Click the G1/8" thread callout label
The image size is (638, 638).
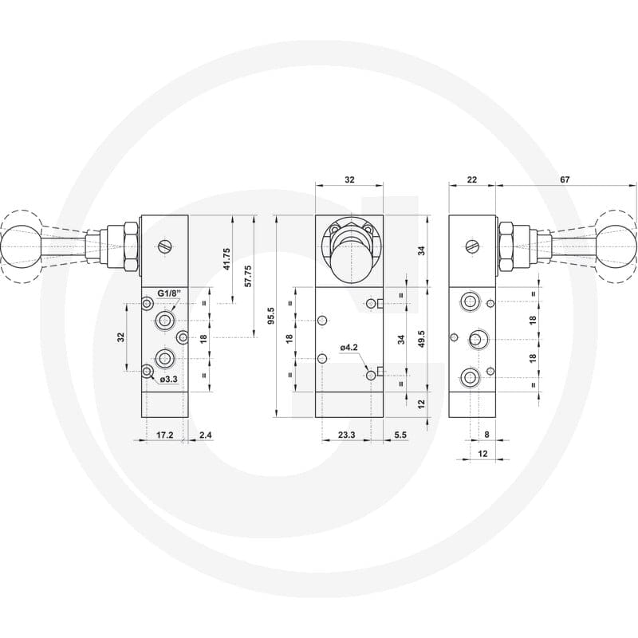[169, 293]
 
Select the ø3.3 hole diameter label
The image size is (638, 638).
[169, 380]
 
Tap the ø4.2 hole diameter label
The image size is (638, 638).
[349, 347]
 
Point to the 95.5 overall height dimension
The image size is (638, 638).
[272, 316]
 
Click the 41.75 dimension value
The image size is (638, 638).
[227, 258]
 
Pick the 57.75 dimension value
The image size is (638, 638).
[247, 276]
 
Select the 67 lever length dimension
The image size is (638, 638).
[565, 179]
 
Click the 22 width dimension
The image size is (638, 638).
[472, 179]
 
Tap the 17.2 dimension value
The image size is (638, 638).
[165, 435]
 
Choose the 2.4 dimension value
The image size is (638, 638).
[206, 435]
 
